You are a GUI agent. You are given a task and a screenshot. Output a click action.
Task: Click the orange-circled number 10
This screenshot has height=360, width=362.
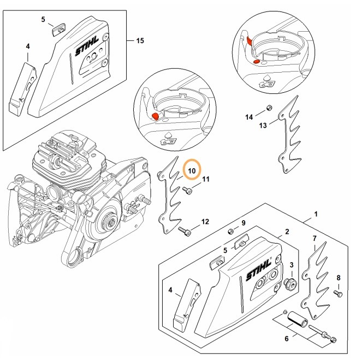pos(192,171)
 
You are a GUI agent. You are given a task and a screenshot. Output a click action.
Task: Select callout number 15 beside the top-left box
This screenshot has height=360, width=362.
pos(140,41)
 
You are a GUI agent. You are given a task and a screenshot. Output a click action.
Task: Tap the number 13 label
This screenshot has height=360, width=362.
pos(262,125)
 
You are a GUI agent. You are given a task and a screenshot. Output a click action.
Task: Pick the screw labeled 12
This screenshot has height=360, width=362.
pos(187,233)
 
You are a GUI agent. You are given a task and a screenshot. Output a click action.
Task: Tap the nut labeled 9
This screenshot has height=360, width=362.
pos(232,233)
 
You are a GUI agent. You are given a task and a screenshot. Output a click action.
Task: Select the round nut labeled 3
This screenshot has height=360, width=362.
pos(290,282)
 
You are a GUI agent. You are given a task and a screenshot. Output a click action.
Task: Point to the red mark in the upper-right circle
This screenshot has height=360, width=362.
pos(249,42)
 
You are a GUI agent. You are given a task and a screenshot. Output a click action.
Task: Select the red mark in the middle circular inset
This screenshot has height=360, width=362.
pos(155,116)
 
